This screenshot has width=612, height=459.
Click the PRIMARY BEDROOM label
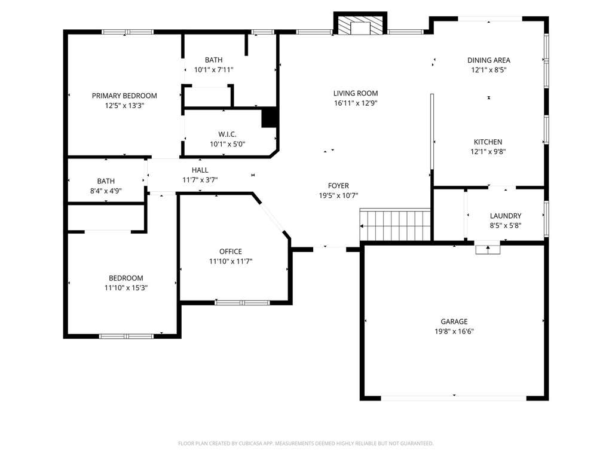point(124,96)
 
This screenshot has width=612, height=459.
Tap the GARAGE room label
point(454,322)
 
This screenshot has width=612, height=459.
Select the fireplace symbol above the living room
point(360,25)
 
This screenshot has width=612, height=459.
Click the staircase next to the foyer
point(395,225)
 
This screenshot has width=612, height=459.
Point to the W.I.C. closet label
point(228,134)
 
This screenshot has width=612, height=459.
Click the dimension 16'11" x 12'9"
point(356,103)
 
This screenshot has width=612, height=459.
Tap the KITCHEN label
point(488,142)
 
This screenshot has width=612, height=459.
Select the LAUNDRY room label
point(506,216)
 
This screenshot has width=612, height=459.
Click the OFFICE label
point(231,252)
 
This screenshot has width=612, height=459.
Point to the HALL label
point(200,170)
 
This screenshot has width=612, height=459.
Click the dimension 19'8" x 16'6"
point(454,331)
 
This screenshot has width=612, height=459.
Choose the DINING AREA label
point(489,60)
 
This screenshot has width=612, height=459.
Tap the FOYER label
point(338,186)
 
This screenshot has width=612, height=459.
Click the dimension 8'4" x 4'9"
point(106,191)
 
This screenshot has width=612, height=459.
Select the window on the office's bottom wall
point(242,302)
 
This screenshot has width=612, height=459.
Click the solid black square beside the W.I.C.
point(270,118)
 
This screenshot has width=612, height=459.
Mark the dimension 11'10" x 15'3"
point(126,288)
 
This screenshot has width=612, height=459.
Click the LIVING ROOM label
point(356,93)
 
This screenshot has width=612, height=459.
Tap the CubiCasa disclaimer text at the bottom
point(305,443)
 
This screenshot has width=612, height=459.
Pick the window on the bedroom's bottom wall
point(127,336)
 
